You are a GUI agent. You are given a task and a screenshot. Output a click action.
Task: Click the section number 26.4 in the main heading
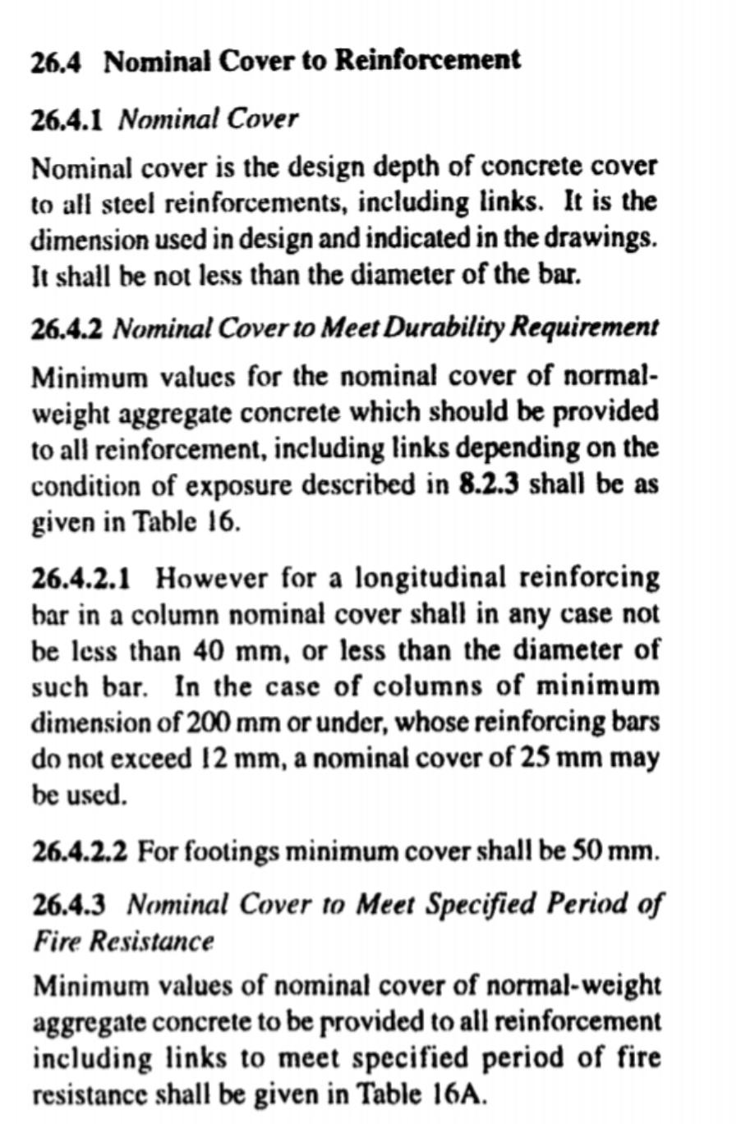[x=57, y=62]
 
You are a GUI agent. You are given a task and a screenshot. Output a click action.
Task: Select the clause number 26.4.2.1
[x=81, y=580]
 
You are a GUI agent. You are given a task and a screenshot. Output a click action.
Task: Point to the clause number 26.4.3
[x=68, y=904]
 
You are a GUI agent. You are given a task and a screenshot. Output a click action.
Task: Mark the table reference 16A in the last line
[x=454, y=1094]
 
